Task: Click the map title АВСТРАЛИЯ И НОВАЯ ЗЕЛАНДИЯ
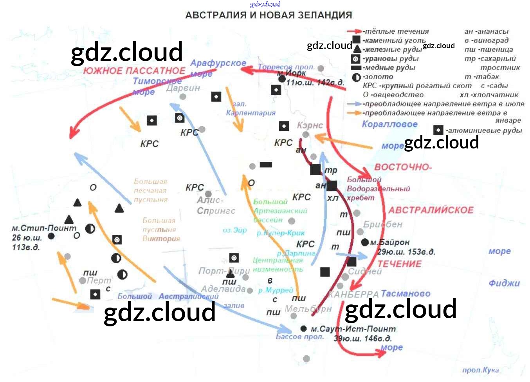[x=268, y=15]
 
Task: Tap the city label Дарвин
[x=183, y=88]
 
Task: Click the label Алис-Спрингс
[x=216, y=206]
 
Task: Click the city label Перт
[x=99, y=281]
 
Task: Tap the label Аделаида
[x=223, y=289]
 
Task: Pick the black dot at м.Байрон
[x=365, y=242]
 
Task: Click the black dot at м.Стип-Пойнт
[x=51, y=236]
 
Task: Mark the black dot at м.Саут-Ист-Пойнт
[x=303, y=328]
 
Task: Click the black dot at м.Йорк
[x=282, y=79]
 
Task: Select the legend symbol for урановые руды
[x=356, y=59]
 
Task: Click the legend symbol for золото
[x=356, y=77]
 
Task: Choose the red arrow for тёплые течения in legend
[x=354, y=31]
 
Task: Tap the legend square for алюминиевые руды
[x=438, y=130]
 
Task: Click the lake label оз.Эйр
[x=234, y=230]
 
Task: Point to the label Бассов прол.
[x=299, y=337]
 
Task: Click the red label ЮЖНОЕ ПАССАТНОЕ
[x=134, y=71]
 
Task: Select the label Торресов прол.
[x=286, y=67]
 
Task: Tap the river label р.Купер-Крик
[x=280, y=233]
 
